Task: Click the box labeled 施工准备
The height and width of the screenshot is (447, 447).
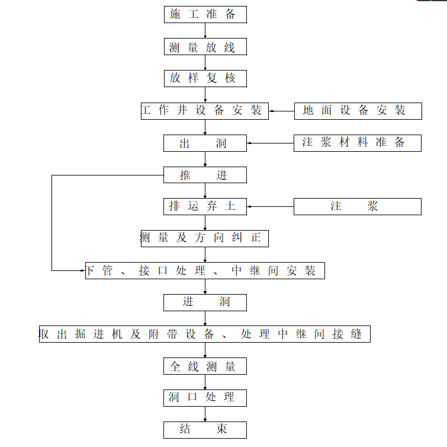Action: (205, 15)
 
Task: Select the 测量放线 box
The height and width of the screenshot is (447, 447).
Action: (205, 47)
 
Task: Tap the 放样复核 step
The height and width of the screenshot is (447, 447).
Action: (205, 78)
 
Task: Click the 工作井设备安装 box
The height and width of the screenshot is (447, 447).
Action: (205, 111)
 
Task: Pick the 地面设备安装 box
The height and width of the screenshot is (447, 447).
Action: (358, 111)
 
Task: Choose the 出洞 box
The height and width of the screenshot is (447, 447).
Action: (205, 143)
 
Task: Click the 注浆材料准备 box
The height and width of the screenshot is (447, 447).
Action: (358, 143)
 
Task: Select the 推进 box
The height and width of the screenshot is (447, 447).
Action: (205, 175)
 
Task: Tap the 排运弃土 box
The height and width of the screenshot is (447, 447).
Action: (205, 206)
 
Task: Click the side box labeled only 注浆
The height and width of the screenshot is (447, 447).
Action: (358, 206)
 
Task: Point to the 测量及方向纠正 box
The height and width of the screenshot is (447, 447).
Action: (205, 238)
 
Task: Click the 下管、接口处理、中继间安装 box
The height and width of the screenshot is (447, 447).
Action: (205, 271)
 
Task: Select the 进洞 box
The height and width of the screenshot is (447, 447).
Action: (205, 302)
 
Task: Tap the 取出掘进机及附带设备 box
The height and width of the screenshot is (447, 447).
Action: (205, 334)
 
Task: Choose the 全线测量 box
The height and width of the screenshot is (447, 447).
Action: (205, 366)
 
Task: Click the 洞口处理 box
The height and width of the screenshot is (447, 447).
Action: (205, 398)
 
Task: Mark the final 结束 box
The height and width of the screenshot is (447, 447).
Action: (205, 430)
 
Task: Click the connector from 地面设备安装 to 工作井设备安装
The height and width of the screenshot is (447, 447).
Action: (281, 111)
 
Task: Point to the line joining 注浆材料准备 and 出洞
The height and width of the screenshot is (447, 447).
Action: (271, 143)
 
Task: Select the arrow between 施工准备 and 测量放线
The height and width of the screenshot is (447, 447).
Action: (205, 31)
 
